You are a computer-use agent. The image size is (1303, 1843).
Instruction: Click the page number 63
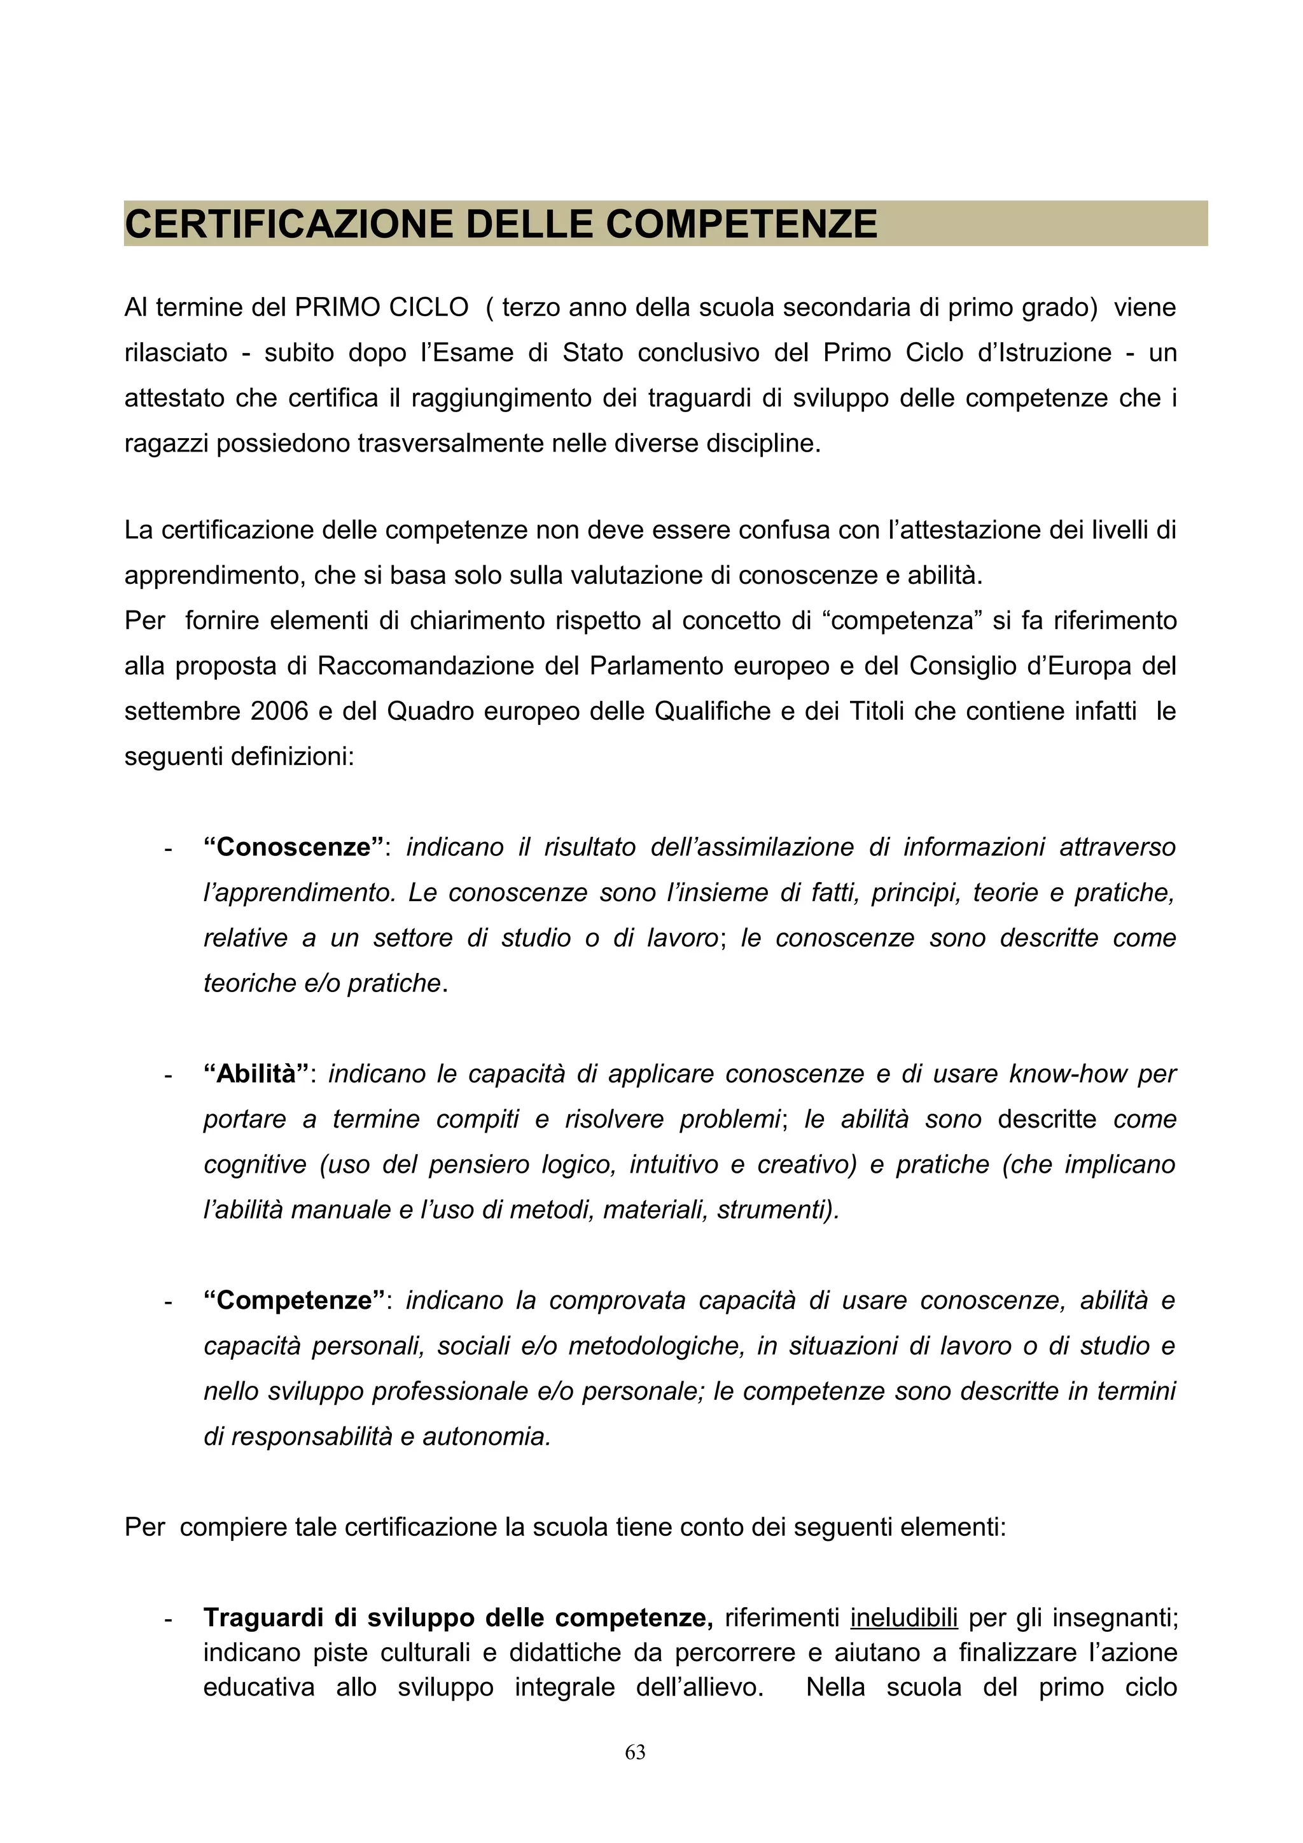(635, 1752)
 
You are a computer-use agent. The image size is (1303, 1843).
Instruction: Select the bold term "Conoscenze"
(294, 848)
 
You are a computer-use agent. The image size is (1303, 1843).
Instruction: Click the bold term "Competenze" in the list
(294, 1301)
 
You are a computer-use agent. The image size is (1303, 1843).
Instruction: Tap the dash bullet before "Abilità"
(168, 1075)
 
